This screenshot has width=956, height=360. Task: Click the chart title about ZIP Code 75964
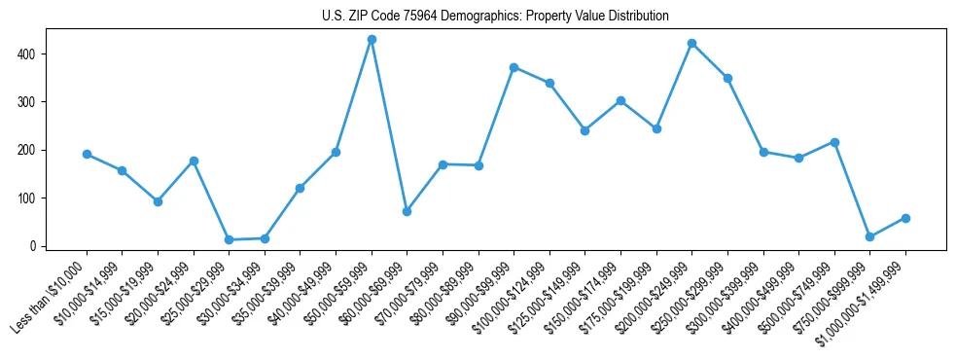coord(495,17)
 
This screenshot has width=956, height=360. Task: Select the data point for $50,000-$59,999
coord(372,39)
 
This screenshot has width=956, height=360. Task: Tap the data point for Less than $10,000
coord(87,154)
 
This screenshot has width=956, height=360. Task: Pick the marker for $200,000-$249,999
coord(691,43)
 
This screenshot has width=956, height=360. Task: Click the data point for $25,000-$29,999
coord(229,239)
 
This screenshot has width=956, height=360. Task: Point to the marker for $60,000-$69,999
coord(407,211)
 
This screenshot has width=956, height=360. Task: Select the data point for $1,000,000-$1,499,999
coord(905,218)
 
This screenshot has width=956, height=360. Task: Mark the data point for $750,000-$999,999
coord(869,236)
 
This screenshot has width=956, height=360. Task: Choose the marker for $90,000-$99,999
coord(513,67)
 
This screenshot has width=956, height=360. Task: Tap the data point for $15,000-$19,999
coord(158,201)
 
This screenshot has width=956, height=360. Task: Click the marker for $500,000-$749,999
coord(834,142)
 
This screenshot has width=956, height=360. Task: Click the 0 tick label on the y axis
coord(32,246)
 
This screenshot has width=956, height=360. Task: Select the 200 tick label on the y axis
coord(26,150)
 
